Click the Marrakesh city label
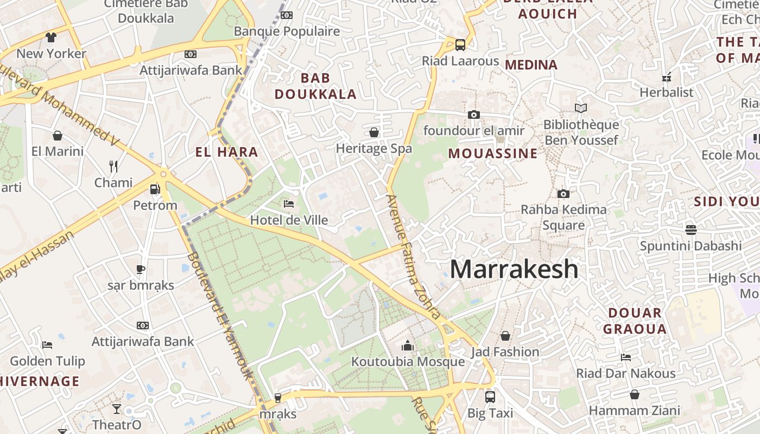coord(514,269)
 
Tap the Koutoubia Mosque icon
coord(408,346)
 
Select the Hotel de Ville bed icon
coord(289,204)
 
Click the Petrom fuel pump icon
coord(155,189)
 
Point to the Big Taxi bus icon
coord(490,397)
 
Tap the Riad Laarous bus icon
coord(460,44)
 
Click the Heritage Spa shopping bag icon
coord(374,132)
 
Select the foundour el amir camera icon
coord(474,114)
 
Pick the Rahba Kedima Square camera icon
coord(563,194)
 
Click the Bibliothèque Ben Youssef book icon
coord(581,108)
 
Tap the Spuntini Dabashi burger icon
coord(691,229)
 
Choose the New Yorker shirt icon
coord(51,37)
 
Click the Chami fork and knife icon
coord(113,166)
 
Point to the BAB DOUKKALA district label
coord(315,86)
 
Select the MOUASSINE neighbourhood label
coord(492,154)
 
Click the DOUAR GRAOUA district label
coord(635,321)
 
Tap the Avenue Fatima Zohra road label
coord(413,256)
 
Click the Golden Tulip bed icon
coord(47,344)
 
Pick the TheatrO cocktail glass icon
coord(117,409)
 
